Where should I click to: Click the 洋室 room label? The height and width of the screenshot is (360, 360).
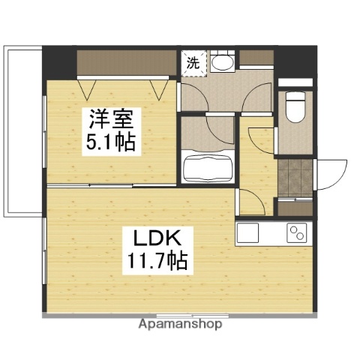click(111, 118)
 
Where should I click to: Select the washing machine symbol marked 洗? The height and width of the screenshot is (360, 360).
click(193, 63)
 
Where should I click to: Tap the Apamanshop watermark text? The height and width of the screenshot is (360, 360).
click(180, 325)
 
